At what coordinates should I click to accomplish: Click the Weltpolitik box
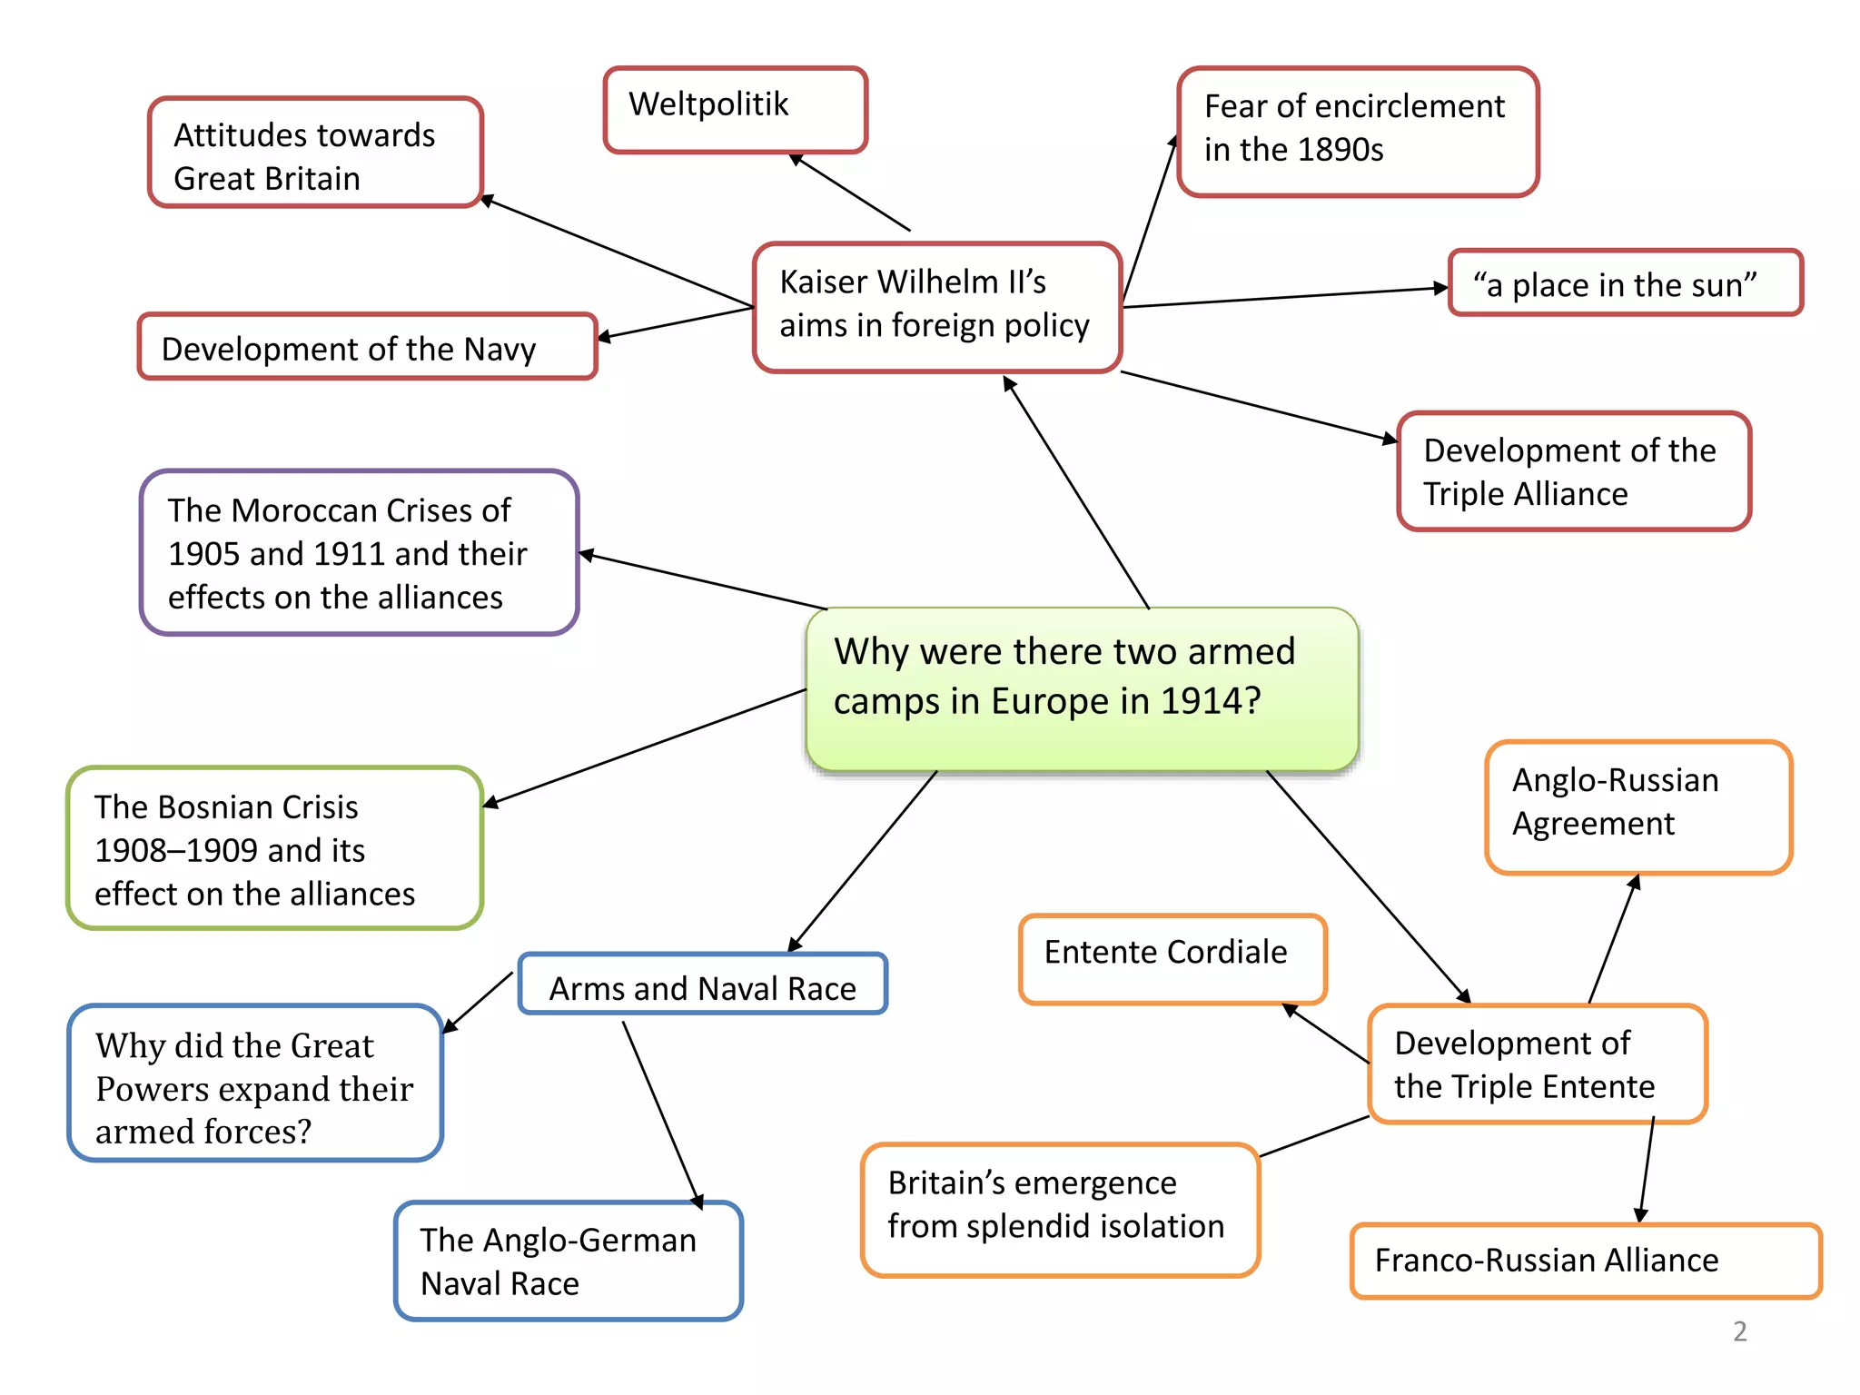coord(735,109)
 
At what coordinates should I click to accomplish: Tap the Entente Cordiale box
coord(1172,958)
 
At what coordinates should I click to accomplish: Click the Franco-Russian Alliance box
coord(1585,1261)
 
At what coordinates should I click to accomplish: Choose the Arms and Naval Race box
coord(702,985)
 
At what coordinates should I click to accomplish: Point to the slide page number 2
coord(1739,1331)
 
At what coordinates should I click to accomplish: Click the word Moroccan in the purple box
coord(303,510)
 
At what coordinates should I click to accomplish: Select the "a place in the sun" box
coord(1625,284)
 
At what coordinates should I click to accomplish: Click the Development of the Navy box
coord(367,348)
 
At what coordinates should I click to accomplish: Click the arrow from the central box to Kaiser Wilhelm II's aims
coord(1078,493)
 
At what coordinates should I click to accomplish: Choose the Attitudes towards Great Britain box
coord(314,153)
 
